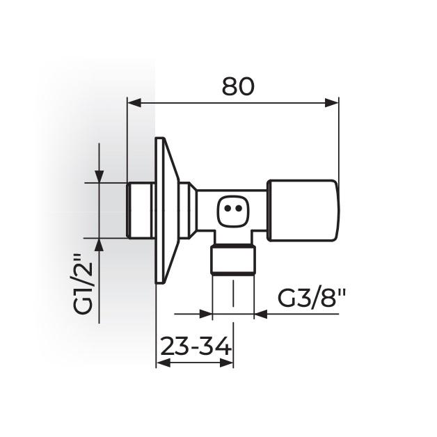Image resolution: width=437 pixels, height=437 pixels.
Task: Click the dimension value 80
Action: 238,86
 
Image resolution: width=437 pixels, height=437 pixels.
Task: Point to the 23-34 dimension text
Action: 193,346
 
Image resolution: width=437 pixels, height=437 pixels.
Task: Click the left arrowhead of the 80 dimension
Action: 133,103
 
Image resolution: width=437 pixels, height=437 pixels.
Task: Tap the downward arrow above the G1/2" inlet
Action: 99,177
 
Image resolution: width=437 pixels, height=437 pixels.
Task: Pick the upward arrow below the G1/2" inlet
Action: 99,244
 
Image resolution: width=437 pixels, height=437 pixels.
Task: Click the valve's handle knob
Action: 304,210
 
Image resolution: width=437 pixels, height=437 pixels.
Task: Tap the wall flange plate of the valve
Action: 163,210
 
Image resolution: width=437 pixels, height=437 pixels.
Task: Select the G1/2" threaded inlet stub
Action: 141,210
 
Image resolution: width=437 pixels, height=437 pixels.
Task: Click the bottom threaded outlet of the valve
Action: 232,259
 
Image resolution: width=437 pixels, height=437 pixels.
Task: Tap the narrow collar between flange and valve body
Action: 186,210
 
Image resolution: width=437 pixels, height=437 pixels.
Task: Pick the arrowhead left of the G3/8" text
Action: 260,314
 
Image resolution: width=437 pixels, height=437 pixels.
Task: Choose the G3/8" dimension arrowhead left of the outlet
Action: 206,314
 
